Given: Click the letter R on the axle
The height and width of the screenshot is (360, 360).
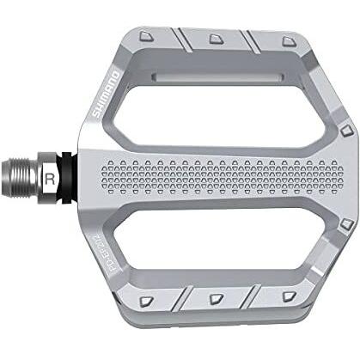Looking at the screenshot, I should click(52, 178).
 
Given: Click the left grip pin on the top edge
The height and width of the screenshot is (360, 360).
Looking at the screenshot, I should click(149, 34).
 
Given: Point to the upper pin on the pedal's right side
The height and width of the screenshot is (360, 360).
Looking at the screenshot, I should click(345, 131).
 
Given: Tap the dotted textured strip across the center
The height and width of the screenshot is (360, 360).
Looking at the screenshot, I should click(215, 178).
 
